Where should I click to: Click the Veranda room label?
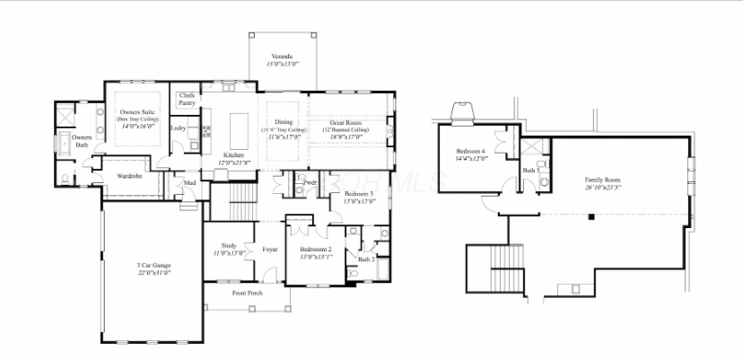click(x=284, y=56)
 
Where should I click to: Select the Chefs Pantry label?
click(x=188, y=99)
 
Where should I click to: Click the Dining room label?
click(x=284, y=121)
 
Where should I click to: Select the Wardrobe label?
click(x=118, y=176)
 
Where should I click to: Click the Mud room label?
click(x=189, y=185)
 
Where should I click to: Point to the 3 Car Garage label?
click(x=154, y=266)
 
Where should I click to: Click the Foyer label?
click(x=269, y=249)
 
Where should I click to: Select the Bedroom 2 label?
click(x=316, y=249)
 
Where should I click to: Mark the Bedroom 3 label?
click(x=358, y=194)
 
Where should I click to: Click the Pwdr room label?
click(x=310, y=183)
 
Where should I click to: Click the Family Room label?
click(x=603, y=180)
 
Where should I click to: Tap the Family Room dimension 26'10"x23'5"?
click(x=603, y=187)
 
